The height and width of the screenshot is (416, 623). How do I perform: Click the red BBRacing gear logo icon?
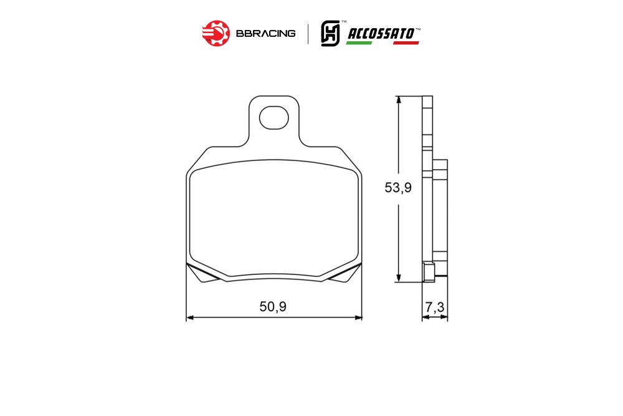[x=216, y=34]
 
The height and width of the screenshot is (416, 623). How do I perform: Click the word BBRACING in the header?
[x=265, y=34]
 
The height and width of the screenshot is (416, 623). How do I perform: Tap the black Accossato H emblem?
[x=331, y=34]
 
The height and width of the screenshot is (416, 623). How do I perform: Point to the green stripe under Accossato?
[x=359, y=42]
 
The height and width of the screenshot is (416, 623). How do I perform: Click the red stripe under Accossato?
[x=406, y=42]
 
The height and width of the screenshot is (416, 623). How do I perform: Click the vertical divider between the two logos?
[x=308, y=34]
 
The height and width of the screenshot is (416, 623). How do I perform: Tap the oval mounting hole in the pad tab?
[x=273, y=117]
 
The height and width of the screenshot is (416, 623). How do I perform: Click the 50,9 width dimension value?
[x=273, y=307]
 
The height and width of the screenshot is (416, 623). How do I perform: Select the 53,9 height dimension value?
[x=398, y=187]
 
